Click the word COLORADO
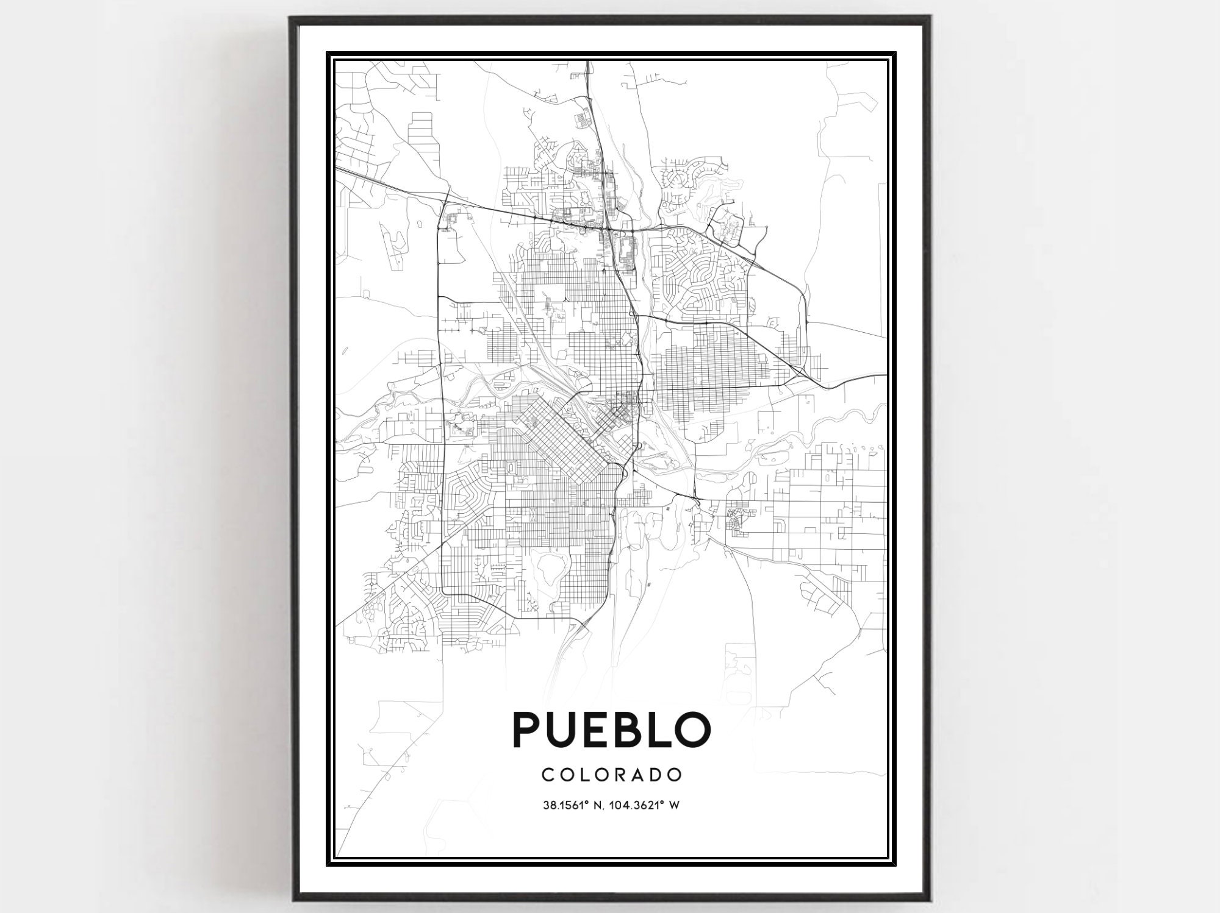click(611, 775)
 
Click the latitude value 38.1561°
click(565, 805)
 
